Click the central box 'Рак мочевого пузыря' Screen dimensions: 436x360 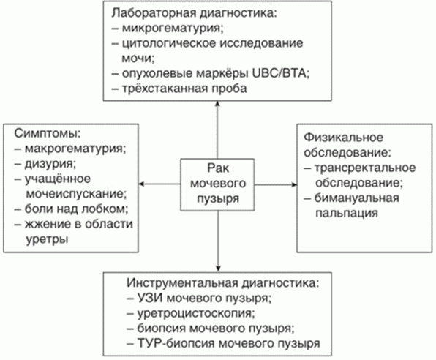217,184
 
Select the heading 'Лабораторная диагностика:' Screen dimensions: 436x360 195,13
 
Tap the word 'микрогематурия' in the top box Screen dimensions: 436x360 173,29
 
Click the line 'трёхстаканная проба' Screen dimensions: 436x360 184,89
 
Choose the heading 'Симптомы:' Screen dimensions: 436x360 48,134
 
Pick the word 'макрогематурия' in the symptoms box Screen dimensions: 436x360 75,149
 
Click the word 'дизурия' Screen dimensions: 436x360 50,164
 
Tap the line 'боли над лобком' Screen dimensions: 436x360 76,209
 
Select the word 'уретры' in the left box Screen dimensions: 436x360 47,239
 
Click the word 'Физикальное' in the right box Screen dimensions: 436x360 343,138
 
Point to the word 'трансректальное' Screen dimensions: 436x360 365,168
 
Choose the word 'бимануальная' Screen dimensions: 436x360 357,198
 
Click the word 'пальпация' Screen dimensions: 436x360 347,214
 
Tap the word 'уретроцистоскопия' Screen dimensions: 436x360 196,313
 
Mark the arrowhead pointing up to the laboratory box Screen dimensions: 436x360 218,103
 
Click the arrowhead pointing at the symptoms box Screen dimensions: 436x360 141,184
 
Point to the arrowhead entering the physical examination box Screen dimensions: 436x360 294,184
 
